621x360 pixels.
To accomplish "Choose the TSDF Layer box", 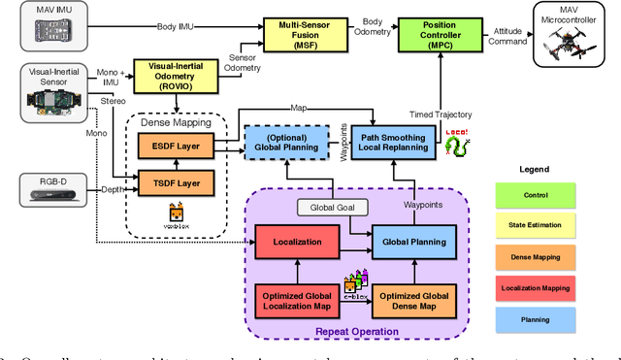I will coord(176,183).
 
